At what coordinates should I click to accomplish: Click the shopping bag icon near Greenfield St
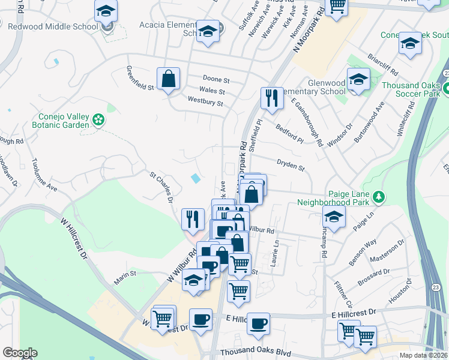click(x=169, y=79)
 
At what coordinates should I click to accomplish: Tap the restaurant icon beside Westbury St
click(x=272, y=98)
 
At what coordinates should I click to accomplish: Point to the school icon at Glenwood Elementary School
click(x=358, y=80)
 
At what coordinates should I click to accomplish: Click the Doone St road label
click(x=216, y=80)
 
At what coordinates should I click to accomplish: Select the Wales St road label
click(x=212, y=92)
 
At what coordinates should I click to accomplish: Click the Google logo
click(x=20, y=353)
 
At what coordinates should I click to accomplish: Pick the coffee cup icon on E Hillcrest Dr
click(x=259, y=324)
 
